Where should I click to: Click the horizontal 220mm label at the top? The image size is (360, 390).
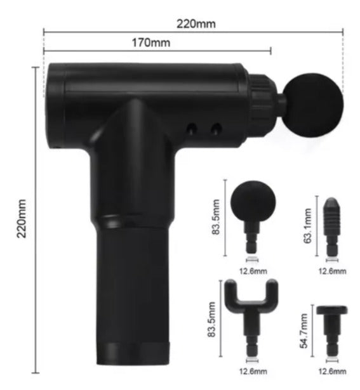click(196, 24)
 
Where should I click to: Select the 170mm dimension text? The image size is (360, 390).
click(151, 42)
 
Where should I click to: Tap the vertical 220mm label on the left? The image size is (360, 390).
click(22, 218)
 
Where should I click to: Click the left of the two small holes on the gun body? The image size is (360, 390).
click(192, 129)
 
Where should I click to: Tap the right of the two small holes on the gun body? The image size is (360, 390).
click(216, 129)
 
